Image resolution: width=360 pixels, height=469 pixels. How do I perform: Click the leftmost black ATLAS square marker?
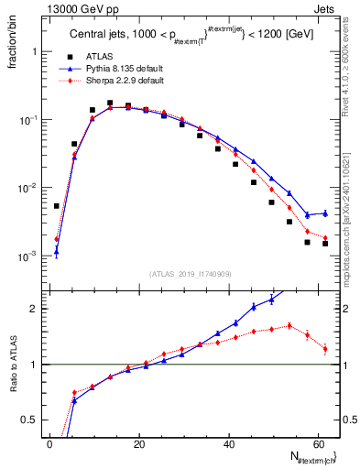(57, 206)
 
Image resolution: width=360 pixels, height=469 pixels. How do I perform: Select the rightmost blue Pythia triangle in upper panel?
(324, 213)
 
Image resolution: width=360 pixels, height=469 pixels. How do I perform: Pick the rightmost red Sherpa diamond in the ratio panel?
(324, 349)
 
